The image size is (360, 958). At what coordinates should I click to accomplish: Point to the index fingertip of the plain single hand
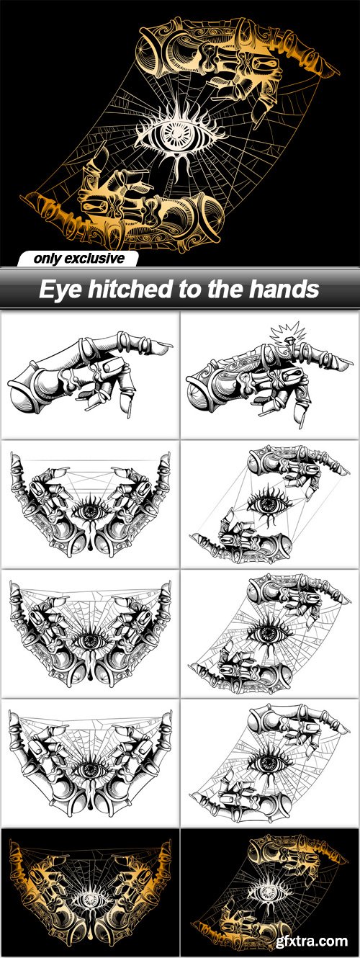pos(168,345)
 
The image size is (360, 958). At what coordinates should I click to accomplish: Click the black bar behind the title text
pos(180,289)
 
